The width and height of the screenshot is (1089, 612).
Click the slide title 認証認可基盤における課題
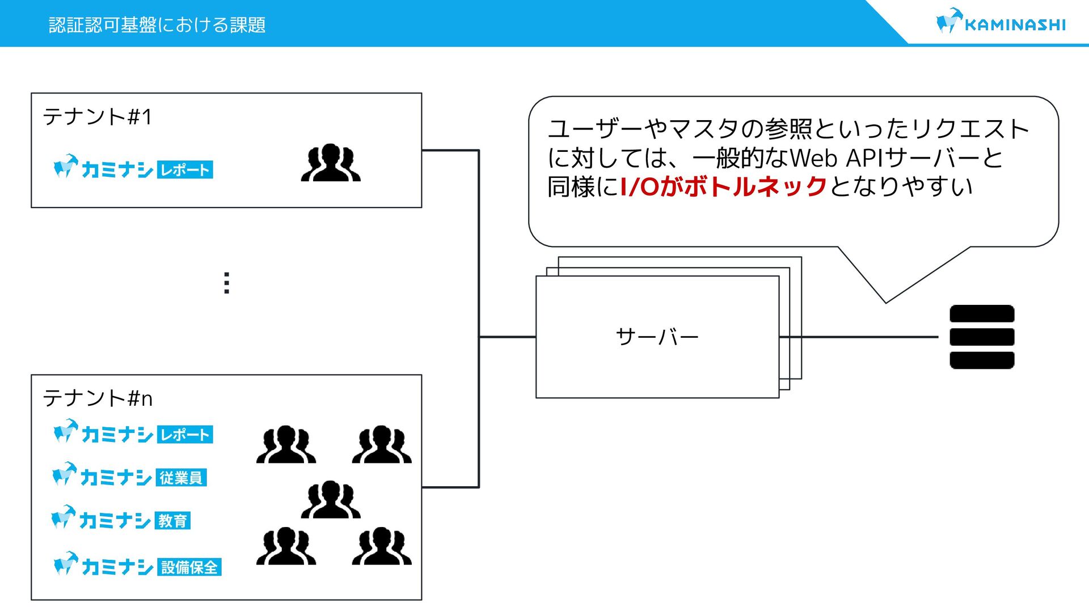coord(157,25)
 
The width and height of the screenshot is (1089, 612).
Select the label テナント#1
coord(98,117)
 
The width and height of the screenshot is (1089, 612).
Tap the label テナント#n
coord(98,398)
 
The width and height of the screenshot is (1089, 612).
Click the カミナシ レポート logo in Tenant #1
coord(133,168)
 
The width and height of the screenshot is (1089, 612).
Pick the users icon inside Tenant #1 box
coord(331,163)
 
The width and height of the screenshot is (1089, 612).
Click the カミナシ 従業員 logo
coord(130,476)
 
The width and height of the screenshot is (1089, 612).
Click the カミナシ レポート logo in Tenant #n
coord(133,433)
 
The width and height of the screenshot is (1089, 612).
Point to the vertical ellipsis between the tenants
coord(227,283)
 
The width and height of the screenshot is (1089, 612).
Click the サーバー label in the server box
coord(657,337)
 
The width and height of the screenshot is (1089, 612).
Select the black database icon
coord(982,337)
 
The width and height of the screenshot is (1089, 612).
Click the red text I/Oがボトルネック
coord(724,186)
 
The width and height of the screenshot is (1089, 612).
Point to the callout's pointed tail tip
coord(886,302)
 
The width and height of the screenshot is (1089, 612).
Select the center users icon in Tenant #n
coord(331,500)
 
